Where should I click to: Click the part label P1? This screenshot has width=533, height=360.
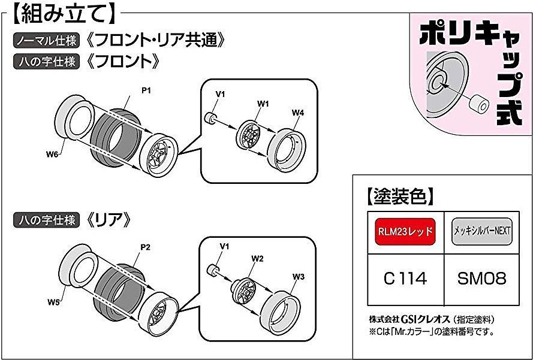(x=145, y=90)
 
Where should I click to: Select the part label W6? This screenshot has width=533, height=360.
(x=51, y=155)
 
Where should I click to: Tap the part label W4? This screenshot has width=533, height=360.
(x=298, y=113)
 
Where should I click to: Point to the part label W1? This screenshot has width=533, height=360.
(x=263, y=104)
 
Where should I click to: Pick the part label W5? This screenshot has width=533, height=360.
(x=52, y=302)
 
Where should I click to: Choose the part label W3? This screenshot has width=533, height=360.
(x=299, y=277)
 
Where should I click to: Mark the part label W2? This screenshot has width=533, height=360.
(x=258, y=259)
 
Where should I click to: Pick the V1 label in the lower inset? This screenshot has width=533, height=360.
(x=225, y=246)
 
